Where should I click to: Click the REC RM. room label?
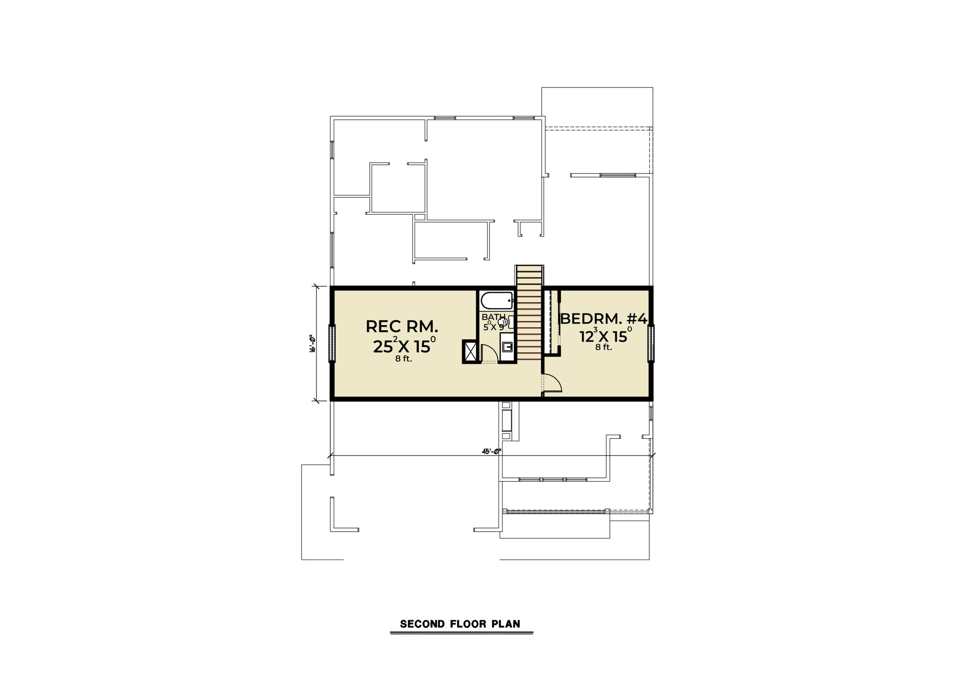(x=402, y=326)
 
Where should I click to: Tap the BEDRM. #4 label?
(x=604, y=318)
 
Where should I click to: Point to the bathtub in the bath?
(x=497, y=301)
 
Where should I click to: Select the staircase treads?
(x=529, y=314)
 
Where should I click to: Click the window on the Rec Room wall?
(x=332, y=344)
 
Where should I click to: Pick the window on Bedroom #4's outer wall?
(x=651, y=344)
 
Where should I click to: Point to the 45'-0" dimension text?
(x=492, y=451)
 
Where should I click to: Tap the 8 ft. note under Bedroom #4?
(x=603, y=347)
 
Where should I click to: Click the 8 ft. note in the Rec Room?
(x=403, y=359)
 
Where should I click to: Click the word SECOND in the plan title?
(x=422, y=624)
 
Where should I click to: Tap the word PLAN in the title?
(x=506, y=624)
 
